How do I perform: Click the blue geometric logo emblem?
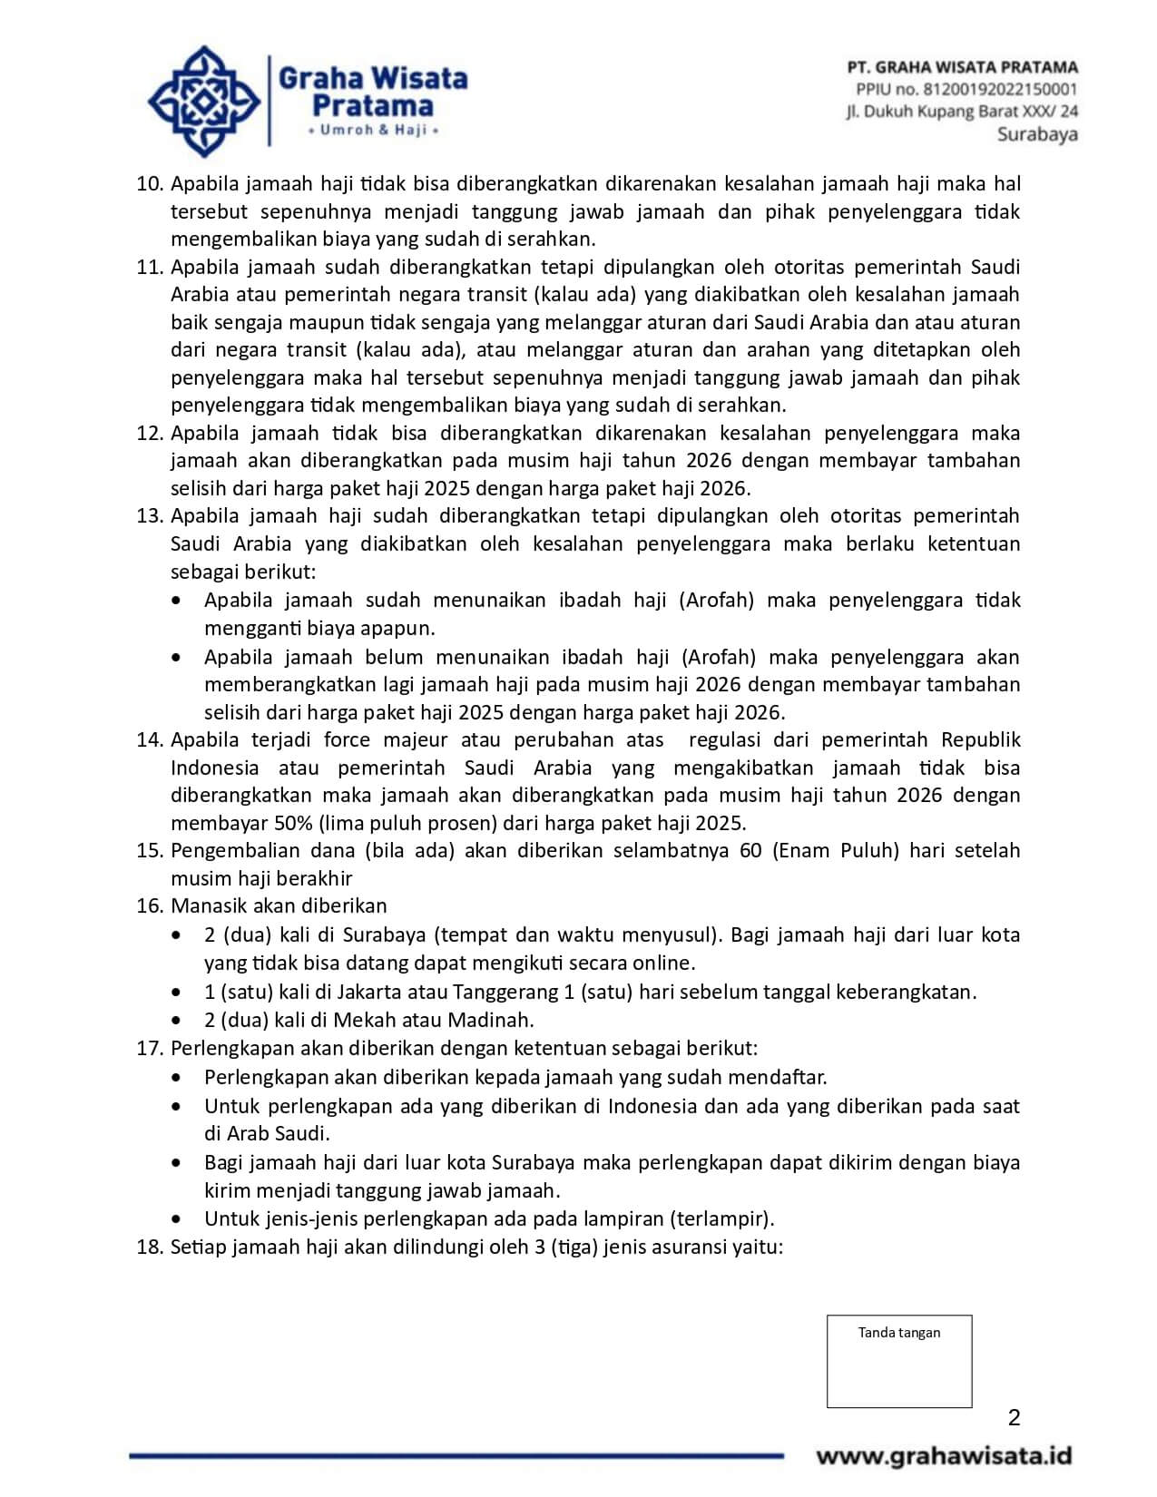point(203,102)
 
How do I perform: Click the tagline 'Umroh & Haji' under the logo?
point(373,131)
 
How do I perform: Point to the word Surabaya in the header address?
point(1037,134)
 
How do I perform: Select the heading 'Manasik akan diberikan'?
point(279,906)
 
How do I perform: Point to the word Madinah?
point(498,1020)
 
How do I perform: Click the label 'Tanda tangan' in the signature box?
point(898,1333)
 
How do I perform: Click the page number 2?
point(1014,1418)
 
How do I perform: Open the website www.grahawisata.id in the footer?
point(944,1457)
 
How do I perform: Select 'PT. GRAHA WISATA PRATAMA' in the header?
point(962,67)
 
